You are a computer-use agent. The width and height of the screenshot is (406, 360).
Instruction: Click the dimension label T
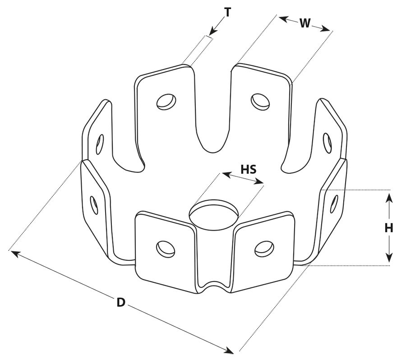(x=227, y=13)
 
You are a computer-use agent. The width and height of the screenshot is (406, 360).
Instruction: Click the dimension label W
(x=305, y=23)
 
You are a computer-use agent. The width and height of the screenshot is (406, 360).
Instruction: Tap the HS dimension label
(x=248, y=169)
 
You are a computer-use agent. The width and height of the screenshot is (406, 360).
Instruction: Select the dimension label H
(x=389, y=228)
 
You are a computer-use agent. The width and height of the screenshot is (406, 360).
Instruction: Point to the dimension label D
(x=121, y=302)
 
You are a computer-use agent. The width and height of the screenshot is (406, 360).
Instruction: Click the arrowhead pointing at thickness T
(x=213, y=31)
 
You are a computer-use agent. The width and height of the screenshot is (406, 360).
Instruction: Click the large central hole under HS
(x=214, y=215)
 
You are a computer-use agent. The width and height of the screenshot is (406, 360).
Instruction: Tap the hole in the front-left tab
(x=166, y=249)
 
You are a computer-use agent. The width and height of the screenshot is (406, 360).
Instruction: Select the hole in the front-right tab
(x=264, y=249)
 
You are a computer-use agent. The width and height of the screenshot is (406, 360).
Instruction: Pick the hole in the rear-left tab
(x=166, y=102)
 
